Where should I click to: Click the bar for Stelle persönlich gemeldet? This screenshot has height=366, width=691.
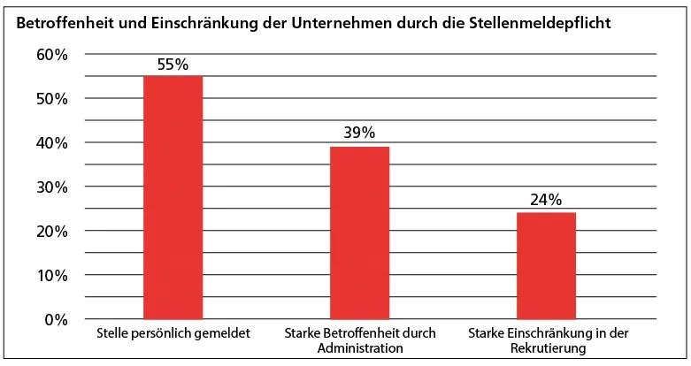tap(173, 197)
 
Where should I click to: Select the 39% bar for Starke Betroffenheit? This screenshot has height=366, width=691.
tap(360, 233)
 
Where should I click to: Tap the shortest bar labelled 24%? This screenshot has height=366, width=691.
tap(546, 265)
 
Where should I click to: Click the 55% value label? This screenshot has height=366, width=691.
tap(173, 65)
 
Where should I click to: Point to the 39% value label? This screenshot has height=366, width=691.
tap(360, 133)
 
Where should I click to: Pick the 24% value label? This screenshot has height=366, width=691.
tap(546, 201)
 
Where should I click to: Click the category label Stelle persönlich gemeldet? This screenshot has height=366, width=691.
tap(173, 334)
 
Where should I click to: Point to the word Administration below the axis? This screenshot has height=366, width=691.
tap(360, 348)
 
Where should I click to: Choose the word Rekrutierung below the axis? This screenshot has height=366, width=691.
tap(547, 348)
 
